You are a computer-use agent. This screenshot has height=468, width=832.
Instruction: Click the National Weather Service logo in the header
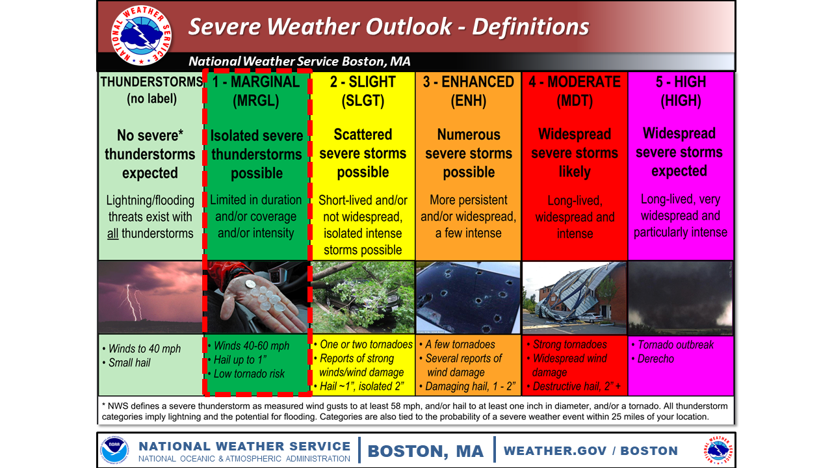coord(141,35)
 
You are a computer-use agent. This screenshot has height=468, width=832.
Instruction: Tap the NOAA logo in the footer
coord(114,450)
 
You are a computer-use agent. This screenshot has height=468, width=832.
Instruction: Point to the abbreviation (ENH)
coord(469,101)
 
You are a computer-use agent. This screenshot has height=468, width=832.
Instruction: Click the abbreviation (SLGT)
coord(363,101)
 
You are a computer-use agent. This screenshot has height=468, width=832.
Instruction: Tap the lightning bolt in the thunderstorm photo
coord(133,302)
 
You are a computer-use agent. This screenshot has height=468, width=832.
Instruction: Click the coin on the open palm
coord(251,284)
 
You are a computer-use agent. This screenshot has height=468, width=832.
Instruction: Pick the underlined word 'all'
coord(112,233)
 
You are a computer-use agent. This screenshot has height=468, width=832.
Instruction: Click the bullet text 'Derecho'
coord(656,359)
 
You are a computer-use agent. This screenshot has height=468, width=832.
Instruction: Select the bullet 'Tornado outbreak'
coord(675,344)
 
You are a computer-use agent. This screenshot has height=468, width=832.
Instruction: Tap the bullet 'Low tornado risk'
coord(249,374)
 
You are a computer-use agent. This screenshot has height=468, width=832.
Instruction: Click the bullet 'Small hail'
coord(129,363)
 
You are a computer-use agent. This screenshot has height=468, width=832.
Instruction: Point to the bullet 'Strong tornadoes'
coord(570,344)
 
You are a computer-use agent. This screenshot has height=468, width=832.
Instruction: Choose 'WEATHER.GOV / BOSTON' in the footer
coord(591,450)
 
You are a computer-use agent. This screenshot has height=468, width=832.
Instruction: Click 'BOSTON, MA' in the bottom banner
coord(426,451)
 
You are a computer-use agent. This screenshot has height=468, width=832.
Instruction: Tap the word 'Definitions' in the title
coord(531,27)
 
